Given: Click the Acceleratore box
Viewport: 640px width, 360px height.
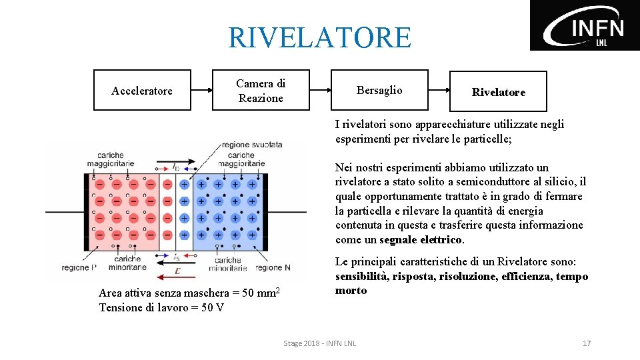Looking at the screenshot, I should pyautogui.click(x=142, y=90).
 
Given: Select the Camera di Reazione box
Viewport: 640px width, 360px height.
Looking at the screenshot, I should pyautogui.click(x=261, y=90).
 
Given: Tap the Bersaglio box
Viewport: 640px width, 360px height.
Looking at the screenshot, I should pyautogui.click(x=379, y=90).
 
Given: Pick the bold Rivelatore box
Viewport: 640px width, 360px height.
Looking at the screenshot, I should pyautogui.click(x=498, y=91).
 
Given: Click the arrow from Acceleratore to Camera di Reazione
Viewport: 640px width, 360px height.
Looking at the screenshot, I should pyautogui.click(x=201, y=90).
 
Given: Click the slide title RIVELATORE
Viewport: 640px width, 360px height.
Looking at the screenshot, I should pyautogui.click(x=320, y=37).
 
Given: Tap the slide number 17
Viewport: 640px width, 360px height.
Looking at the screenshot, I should pyautogui.click(x=587, y=343).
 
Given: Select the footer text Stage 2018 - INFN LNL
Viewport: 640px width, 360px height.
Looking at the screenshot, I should pyautogui.click(x=320, y=343).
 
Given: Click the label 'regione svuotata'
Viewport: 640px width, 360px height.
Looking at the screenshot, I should pyautogui.click(x=252, y=145).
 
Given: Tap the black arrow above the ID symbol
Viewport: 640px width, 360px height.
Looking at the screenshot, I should pyautogui.click(x=175, y=162).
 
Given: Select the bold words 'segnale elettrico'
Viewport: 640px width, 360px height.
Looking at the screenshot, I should pyautogui.click(x=421, y=239).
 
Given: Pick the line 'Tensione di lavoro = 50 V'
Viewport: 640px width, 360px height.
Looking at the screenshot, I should pyautogui.click(x=161, y=307).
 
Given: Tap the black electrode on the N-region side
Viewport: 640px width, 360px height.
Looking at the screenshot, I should pyautogui.click(x=265, y=208).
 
